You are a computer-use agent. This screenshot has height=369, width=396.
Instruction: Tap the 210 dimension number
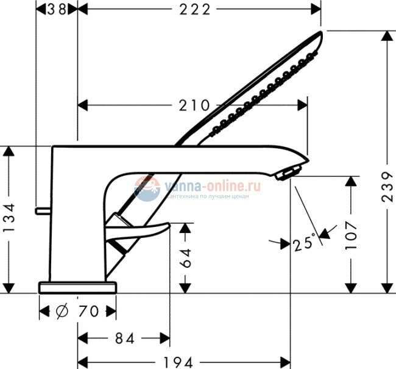pyautogui.click(x=194, y=105)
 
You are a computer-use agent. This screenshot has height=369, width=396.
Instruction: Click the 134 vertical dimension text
pyautogui.click(x=9, y=218)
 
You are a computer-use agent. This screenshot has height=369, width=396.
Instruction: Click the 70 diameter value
pyautogui.click(x=88, y=312)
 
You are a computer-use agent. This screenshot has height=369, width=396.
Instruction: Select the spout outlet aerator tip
pyautogui.click(x=285, y=175)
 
